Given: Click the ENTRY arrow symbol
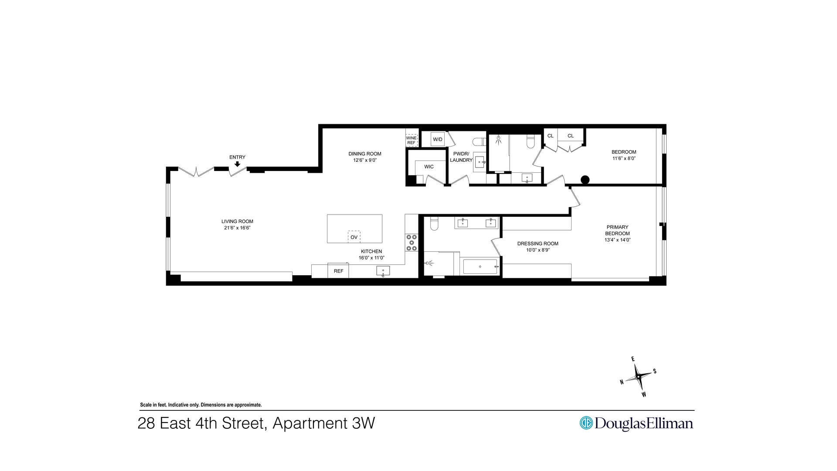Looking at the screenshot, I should pos(237,164).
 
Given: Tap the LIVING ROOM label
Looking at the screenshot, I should pos(237,221).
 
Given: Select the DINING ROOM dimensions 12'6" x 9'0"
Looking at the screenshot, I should pos(365,160).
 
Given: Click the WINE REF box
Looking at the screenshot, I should pos(412,140).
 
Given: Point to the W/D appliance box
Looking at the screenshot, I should pos(438,139).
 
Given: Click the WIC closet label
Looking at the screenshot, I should pos(429,167).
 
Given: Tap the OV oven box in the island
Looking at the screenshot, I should pos(354,237).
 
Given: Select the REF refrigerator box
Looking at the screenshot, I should pos(338,271).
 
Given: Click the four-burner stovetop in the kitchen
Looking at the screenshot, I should pos(411,243).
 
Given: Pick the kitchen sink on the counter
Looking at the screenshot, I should pos(383,271).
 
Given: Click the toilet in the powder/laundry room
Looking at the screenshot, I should pos(480,142).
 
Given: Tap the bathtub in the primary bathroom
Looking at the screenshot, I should pos(480,266).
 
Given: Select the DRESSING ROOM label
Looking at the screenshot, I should pos(538,244).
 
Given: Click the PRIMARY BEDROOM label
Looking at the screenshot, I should pos(617,230).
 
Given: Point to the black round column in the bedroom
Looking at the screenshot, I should pos(585,180).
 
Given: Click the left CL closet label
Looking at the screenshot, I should pos(550,136).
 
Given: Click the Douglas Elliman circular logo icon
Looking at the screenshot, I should pos(586,423).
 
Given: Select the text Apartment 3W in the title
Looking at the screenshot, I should pos(323,423).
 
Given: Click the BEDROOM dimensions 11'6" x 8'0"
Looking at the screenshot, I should pos(624,158).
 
